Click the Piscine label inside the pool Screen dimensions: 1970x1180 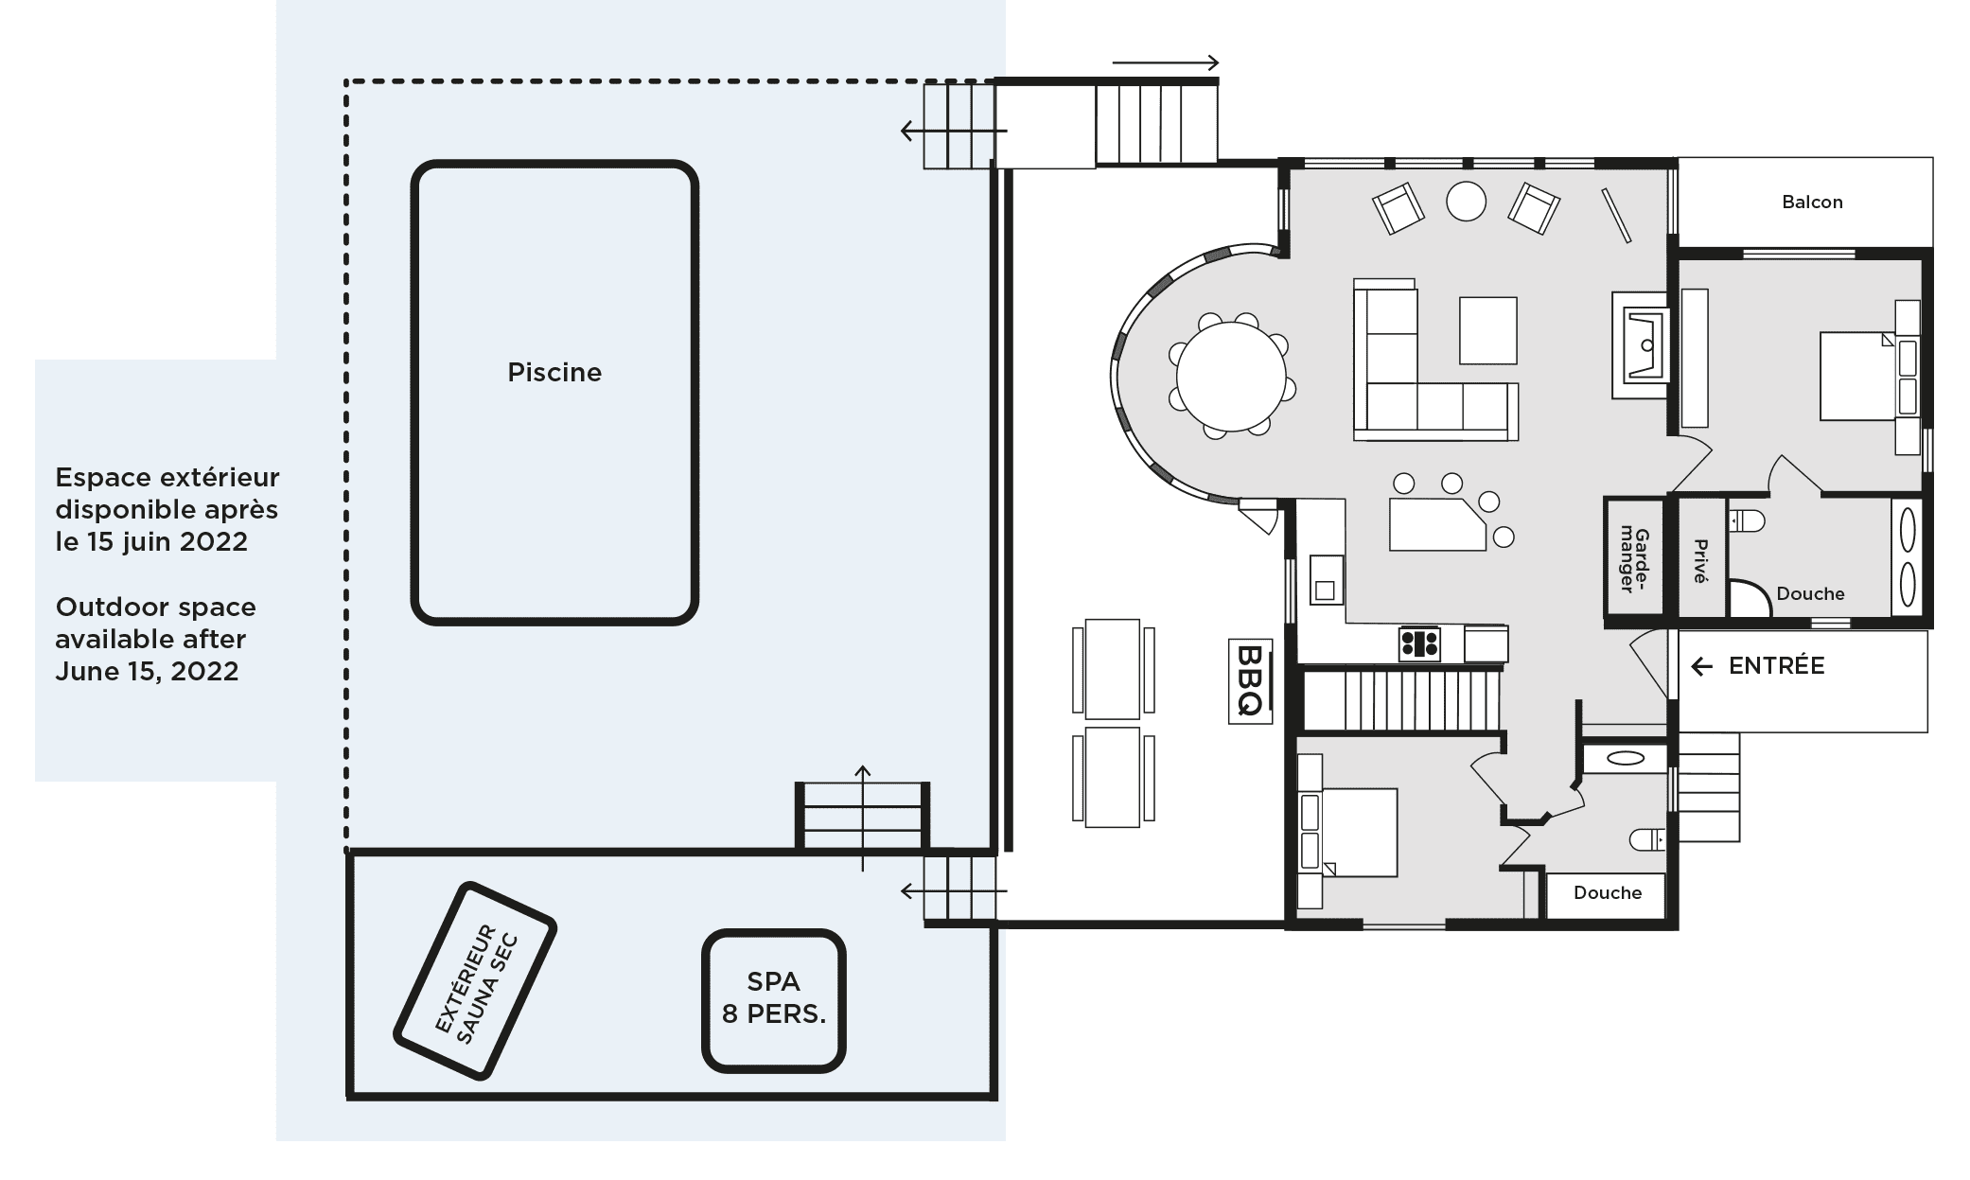(554, 373)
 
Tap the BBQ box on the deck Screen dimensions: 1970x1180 (1250, 681)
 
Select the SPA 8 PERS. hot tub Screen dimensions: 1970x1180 (773, 1000)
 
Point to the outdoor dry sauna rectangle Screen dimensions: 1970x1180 (474, 980)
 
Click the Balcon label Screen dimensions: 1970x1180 (1812, 202)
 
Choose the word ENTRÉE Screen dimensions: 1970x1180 (1776, 666)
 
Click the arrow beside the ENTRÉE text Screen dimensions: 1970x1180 (1702, 667)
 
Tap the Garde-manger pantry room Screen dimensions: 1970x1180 (1634, 560)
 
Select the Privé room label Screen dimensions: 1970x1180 (1700, 561)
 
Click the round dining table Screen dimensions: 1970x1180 (1231, 376)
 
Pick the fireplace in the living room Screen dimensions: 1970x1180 (1641, 344)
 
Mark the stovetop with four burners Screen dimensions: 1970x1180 (1419, 643)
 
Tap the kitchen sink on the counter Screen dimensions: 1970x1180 (1327, 580)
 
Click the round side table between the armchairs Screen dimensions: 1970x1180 (1466, 201)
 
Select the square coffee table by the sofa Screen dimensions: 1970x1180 (1488, 330)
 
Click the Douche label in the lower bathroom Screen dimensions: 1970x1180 (1608, 892)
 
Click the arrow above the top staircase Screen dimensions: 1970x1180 (1166, 63)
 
